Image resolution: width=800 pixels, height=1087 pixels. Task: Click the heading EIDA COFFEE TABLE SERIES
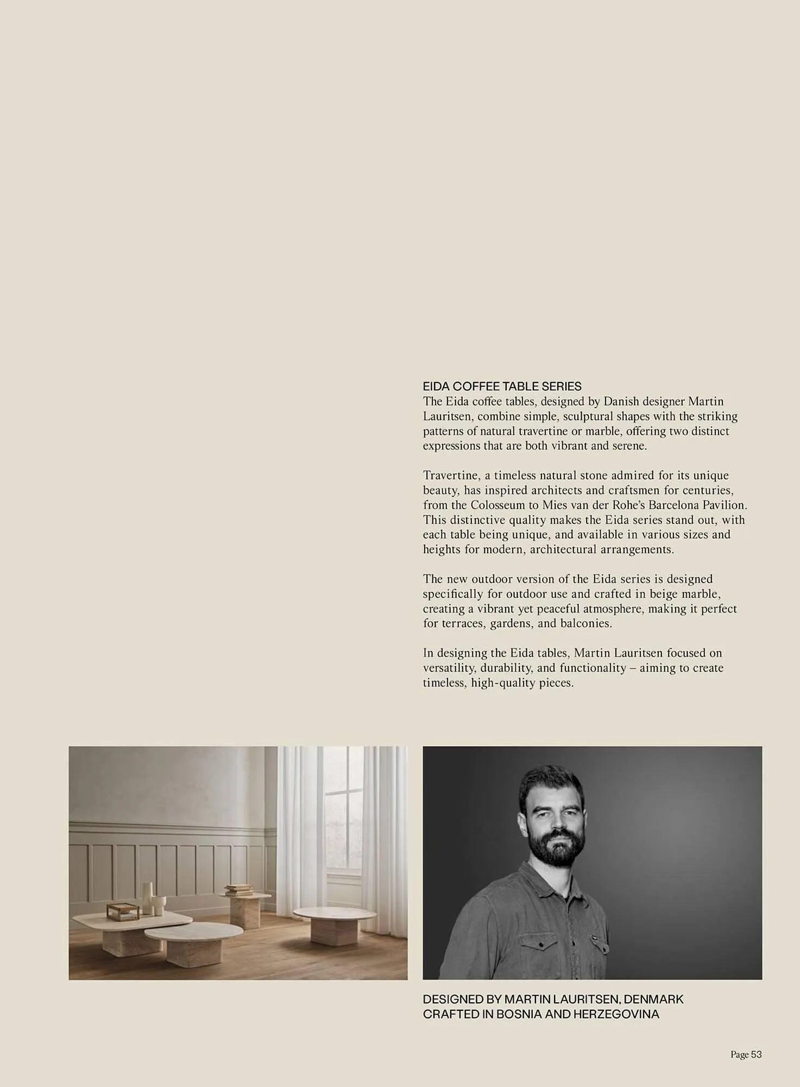tap(502, 386)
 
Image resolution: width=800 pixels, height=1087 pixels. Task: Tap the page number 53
tap(756, 1055)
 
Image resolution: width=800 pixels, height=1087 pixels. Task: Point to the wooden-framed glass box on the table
tap(119, 911)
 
